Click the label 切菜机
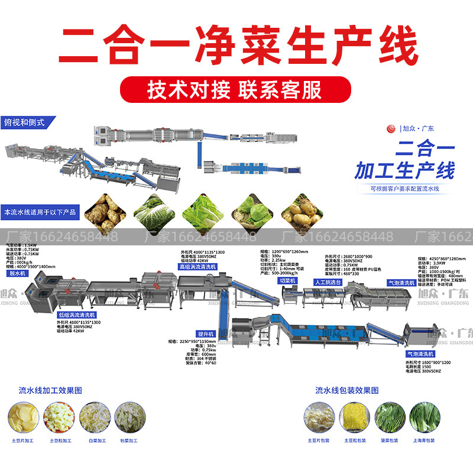tap(287, 281)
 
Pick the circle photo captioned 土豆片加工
tap(23, 416)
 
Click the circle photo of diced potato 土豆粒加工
tap(59, 416)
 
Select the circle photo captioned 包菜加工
tap(128, 416)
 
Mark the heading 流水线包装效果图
tap(346, 390)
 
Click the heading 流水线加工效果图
tap(50, 390)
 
